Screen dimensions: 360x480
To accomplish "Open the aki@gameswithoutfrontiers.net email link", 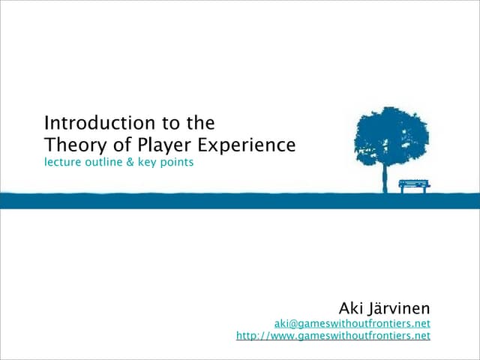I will pos(352,323).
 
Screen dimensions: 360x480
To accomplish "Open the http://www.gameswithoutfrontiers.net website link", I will pos(333,336).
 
